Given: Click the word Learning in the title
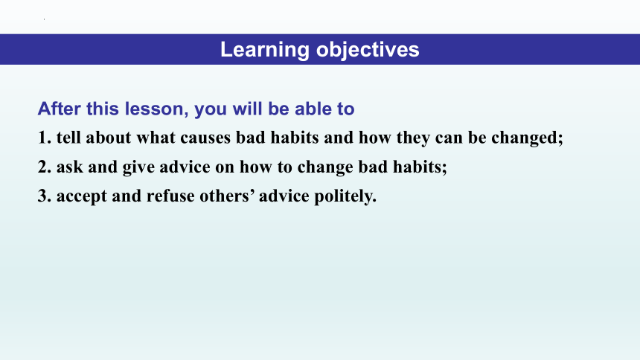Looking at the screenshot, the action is (265, 50).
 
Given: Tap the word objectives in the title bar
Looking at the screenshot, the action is (368, 50).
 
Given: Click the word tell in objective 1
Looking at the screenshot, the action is (68, 138).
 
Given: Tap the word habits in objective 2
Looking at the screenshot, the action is (420, 167).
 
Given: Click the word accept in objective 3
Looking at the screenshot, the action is (82, 196).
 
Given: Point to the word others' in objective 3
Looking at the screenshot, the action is (227, 196).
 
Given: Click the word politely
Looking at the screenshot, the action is (345, 196).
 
